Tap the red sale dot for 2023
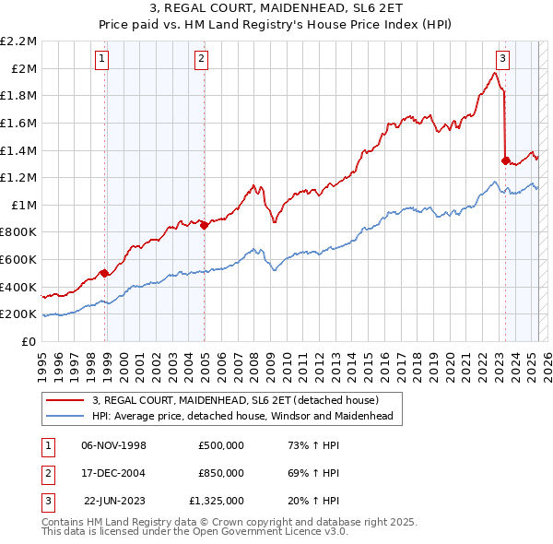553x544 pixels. pos(505,160)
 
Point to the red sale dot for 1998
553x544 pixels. pos(105,273)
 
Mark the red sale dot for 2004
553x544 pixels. pos(205,225)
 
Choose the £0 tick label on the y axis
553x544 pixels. pos(29,341)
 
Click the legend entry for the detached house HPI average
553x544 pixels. pos(242,416)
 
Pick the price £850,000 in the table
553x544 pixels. pos(220,473)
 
